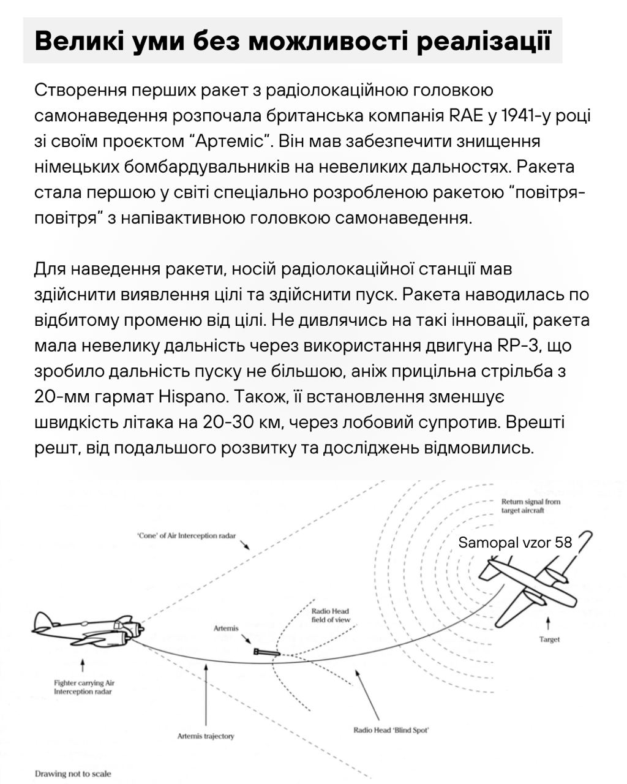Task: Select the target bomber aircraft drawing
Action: (x=527, y=589)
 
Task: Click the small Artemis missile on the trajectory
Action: (x=267, y=652)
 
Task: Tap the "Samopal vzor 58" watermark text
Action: (x=515, y=542)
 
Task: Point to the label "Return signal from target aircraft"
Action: (x=530, y=505)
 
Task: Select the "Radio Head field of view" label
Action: (x=331, y=616)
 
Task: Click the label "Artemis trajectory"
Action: (x=206, y=736)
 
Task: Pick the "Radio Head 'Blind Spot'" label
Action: (x=391, y=730)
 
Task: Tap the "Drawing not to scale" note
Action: (x=73, y=774)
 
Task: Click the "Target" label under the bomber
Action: (x=549, y=639)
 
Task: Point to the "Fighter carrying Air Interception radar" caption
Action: (x=84, y=687)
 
